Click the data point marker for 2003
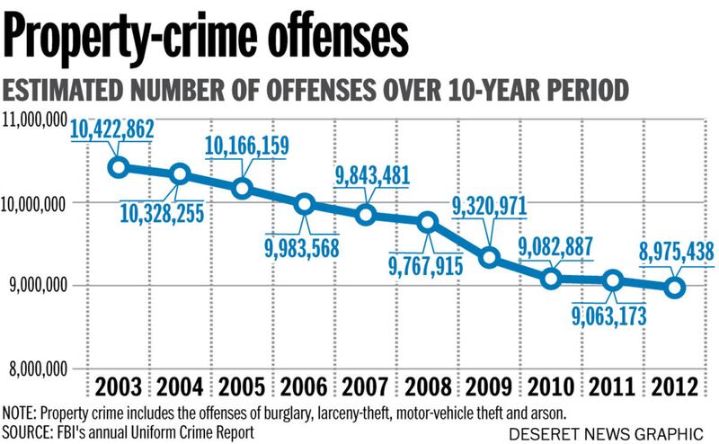coord(118,167)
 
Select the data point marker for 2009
coord(490,258)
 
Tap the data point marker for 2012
coord(675,288)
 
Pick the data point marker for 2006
coord(304,204)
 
